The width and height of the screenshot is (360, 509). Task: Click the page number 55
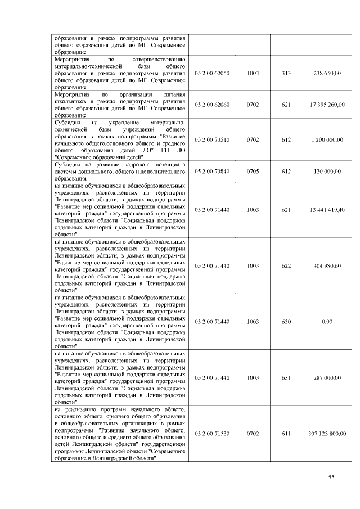point(331,478)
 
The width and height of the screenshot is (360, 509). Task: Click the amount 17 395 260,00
point(327,105)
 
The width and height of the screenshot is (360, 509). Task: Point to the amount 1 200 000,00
point(327,139)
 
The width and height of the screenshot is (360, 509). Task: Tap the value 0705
point(253,171)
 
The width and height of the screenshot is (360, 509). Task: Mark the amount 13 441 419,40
point(327,210)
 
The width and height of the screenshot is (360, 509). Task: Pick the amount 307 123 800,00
point(327,434)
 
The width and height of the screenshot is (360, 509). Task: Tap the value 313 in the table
point(286,73)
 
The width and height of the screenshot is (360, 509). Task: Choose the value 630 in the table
point(286,322)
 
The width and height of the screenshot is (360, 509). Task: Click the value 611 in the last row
point(286,434)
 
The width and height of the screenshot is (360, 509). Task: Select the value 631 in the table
point(286,378)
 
